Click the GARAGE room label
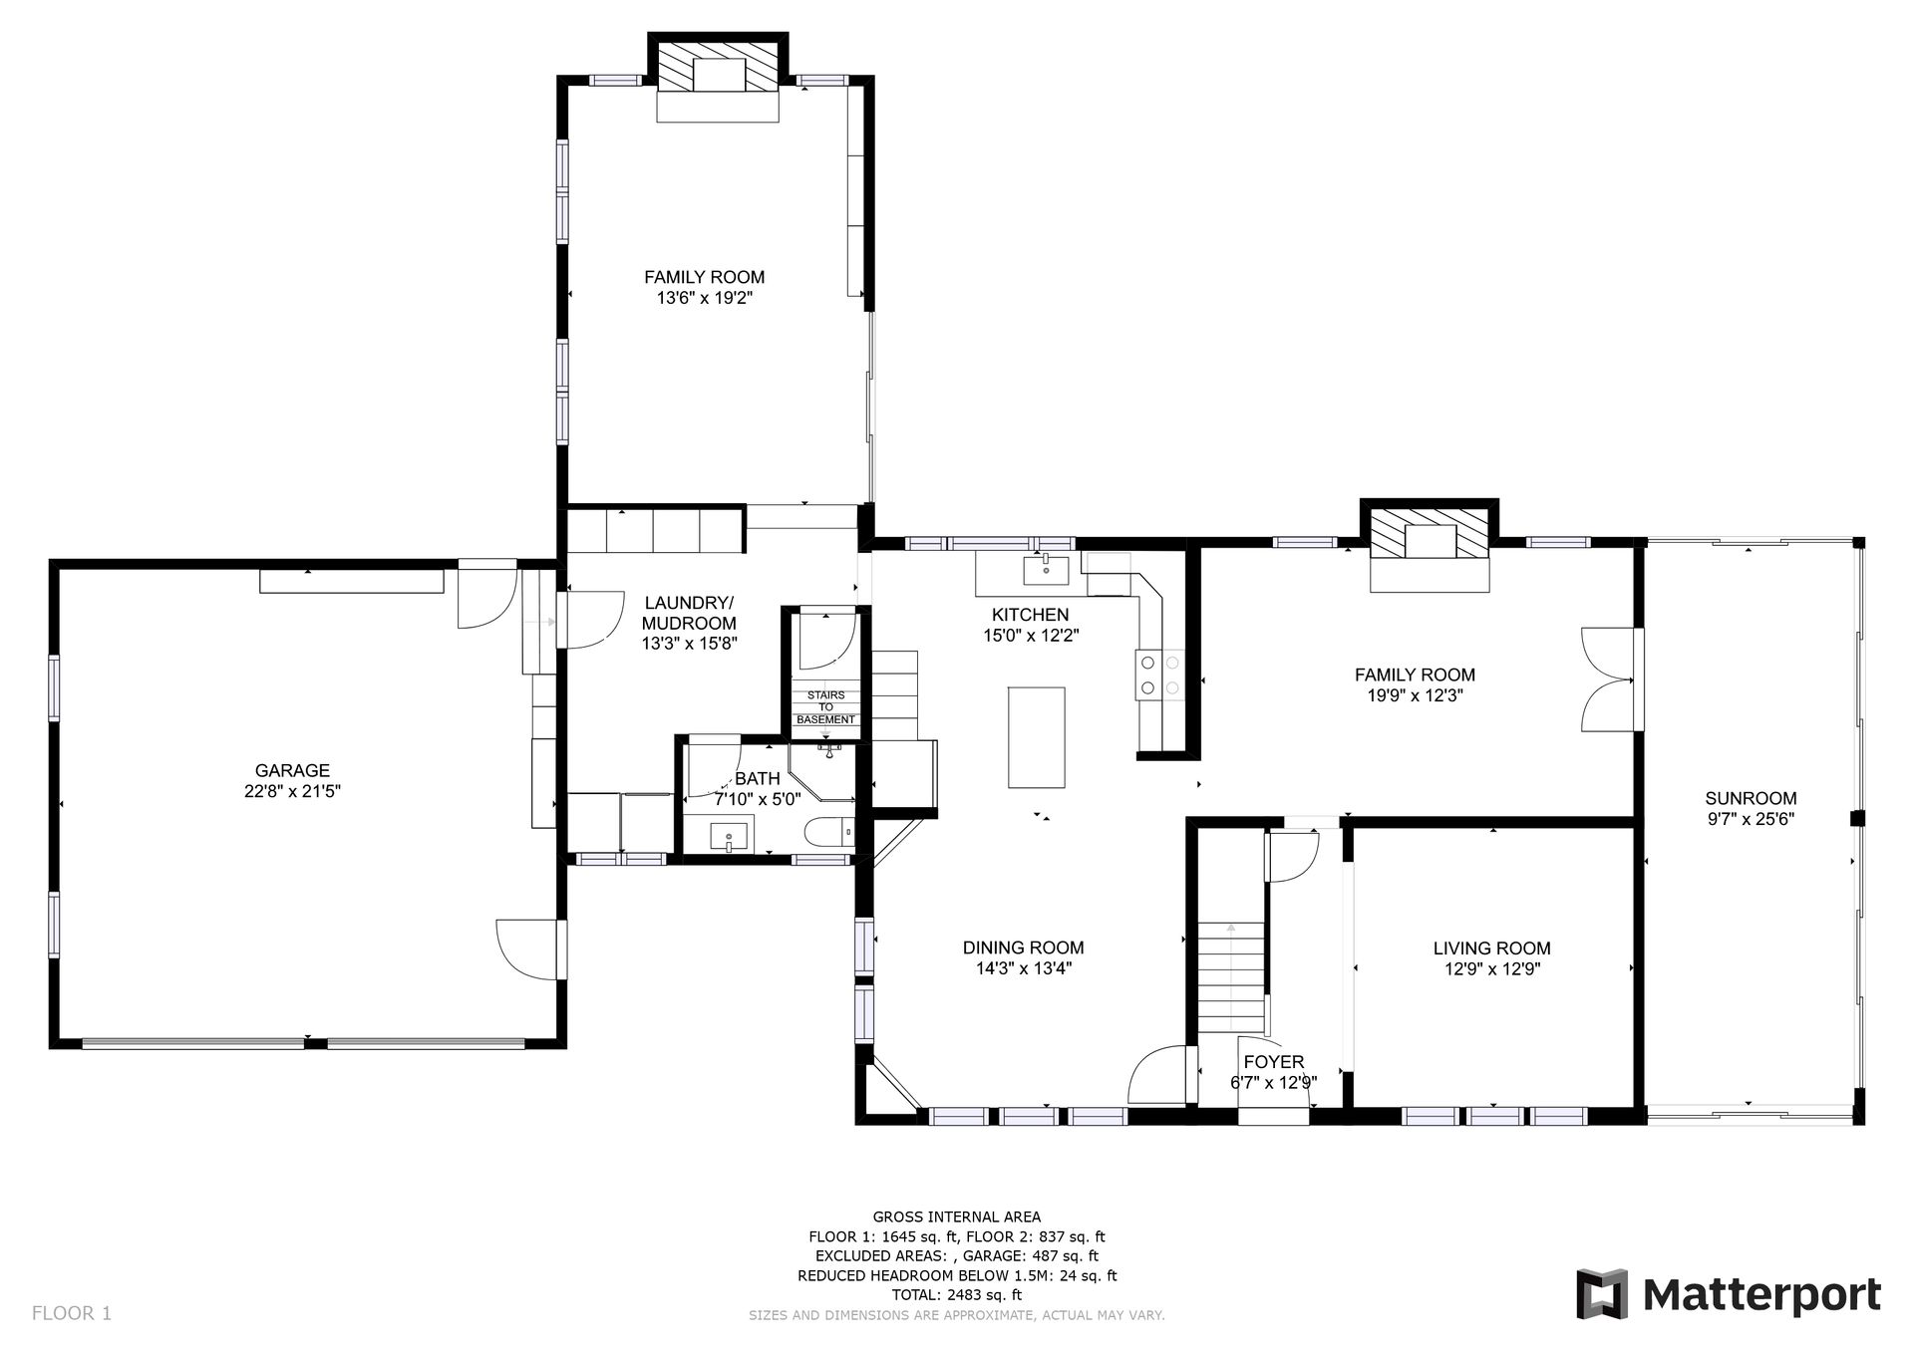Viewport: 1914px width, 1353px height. click(292, 770)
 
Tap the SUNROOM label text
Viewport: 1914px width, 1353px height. click(1751, 798)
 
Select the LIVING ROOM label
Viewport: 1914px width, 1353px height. click(1492, 948)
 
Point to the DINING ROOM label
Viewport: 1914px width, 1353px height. click(1023, 947)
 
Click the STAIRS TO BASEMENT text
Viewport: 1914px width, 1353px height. click(825, 707)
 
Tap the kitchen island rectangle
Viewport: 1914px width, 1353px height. click(1036, 736)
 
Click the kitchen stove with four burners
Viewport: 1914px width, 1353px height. click(1159, 674)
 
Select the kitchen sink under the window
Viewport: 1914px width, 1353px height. click(1046, 571)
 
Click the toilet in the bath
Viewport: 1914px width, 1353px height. click(828, 832)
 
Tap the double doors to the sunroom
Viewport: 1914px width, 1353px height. click(1608, 680)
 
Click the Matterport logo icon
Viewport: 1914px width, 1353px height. click(1602, 1293)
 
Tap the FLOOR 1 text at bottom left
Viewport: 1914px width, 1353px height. click(72, 1313)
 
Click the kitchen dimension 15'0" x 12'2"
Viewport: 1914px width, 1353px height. click(1030, 635)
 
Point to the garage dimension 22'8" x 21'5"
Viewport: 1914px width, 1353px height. click(292, 791)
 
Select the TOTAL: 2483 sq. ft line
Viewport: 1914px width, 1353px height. click(957, 1295)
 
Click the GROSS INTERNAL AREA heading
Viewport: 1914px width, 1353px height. click(957, 1217)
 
